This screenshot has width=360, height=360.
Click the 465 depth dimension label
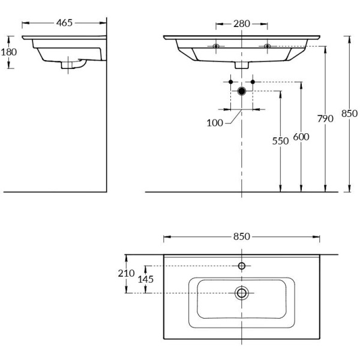[x=64, y=23]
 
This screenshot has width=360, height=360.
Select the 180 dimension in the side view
[x=8, y=52]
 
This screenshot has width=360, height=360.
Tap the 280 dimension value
[x=242, y=24]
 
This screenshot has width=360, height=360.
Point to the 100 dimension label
[x=215, y=123]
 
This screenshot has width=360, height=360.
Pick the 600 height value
[x=301, y=137]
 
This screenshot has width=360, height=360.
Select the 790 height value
[x=325, y=119]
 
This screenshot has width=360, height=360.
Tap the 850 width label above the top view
[x=242, y=236]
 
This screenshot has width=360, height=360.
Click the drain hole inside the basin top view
[x=242, y=293]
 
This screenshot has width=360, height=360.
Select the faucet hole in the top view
[x=242, y=266]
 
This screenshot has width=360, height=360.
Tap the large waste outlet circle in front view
[x=242, y=91]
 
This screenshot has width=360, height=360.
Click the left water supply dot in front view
[x=230, y=81]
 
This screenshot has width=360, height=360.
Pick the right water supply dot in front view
[x=253, y=81]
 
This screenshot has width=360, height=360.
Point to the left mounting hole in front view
[x=216, y=46]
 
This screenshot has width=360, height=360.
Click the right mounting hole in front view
[x=267, y=46]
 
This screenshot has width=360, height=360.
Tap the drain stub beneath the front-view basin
[x=242, y=65]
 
